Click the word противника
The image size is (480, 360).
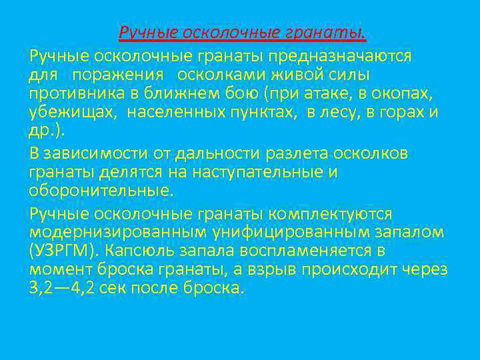73,93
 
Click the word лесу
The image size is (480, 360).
341,112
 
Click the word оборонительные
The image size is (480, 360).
100,191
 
